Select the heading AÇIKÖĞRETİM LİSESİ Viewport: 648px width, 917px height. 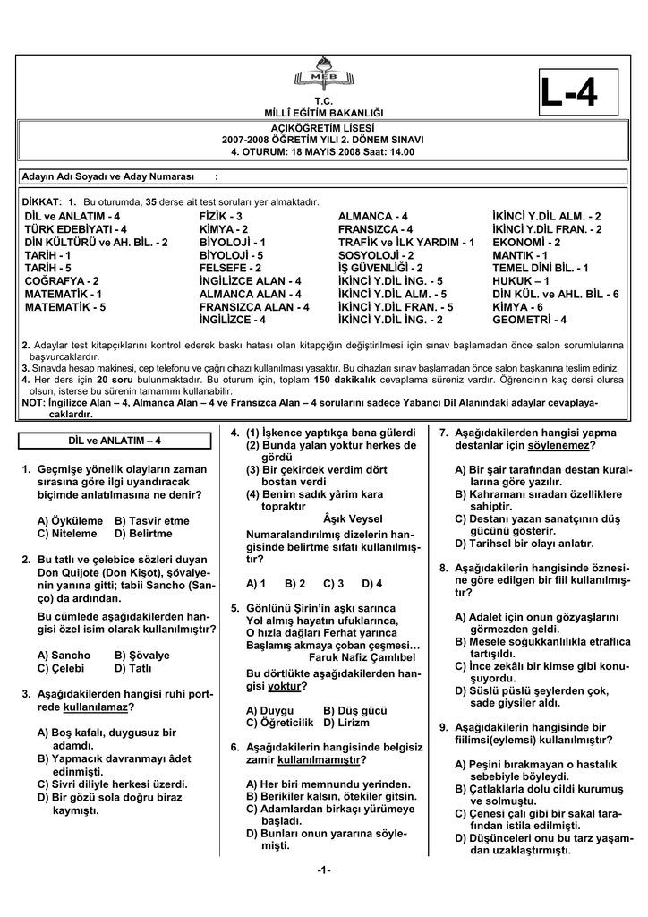click(323, 129)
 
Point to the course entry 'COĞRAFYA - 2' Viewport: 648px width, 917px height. click(62, 280)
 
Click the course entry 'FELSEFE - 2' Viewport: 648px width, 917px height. click(230, 268)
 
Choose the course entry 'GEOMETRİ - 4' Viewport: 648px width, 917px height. click(530, 319)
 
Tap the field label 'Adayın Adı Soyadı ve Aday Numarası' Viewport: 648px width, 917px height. click(108, 177)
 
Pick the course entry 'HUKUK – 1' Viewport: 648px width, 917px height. click(522, 280)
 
